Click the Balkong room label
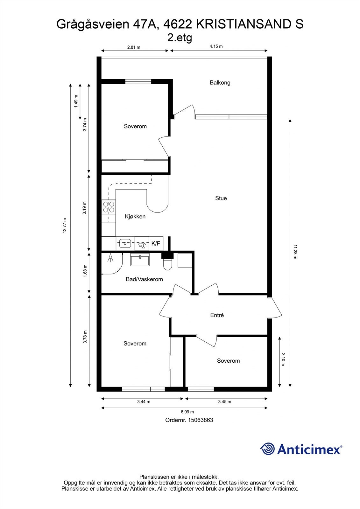[220, 83]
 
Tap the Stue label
[221, 198]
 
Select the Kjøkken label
[135, 217]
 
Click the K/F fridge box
[156, 244]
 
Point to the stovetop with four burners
[109, 207]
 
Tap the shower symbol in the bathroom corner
[110, 258]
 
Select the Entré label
[217, 315]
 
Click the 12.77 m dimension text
[65, 226]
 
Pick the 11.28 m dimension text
[295, 252]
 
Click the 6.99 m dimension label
[187, 412]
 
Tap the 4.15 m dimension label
[216, 46]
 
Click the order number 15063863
[201, 420]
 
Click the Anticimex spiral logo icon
[267, 449]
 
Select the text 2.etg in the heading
[180, 38]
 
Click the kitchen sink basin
[125, 244]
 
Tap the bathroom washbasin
[140, 260]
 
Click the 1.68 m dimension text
[85, 271]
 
